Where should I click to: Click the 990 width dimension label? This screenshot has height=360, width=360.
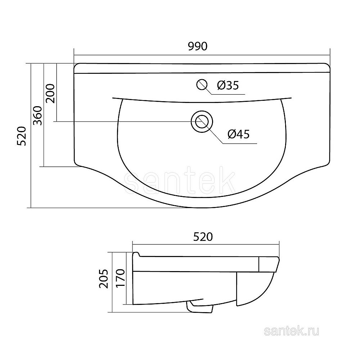(198, 46)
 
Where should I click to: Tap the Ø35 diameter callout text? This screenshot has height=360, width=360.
(228, 85)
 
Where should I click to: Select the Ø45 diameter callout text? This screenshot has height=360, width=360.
(239, 134)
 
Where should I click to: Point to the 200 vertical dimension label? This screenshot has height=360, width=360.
(50, 94)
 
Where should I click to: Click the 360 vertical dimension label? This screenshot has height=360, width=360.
(38, 116)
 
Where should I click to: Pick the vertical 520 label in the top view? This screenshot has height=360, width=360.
(22, 136)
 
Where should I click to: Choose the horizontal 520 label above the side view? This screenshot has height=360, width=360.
(203, 237)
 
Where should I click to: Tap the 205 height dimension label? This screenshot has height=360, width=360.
(103, 279)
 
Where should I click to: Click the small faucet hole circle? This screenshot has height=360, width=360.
(202, 85)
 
